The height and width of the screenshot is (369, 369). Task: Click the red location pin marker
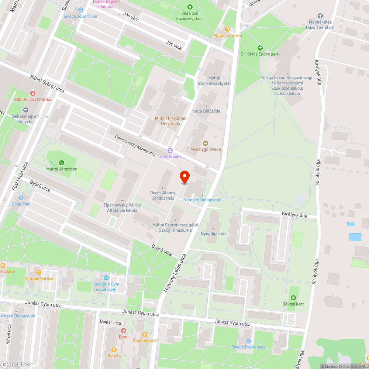point(184,177)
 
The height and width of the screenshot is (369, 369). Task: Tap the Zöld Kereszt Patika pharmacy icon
point(33,94)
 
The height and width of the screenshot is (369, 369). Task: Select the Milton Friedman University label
point(170,121)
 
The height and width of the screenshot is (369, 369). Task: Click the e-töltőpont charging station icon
point(170,151)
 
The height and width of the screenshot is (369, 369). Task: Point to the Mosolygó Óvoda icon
point(206,143)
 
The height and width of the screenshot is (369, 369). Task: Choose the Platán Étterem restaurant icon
point(228,29)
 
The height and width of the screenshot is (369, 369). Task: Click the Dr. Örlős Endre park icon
point(260,48)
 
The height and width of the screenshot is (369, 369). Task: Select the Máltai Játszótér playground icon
point(61,162)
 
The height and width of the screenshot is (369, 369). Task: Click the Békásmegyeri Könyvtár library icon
point(26,110)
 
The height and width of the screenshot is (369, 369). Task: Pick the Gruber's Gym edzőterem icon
point(106,278)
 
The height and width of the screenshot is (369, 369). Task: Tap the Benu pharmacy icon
point(123,331)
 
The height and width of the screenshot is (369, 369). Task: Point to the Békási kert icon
point(293,298)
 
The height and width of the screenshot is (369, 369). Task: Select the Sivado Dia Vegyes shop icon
point(248,341)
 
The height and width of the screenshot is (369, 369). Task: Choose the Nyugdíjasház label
point(213,234)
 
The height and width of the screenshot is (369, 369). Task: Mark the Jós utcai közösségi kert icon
point(190,7)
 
